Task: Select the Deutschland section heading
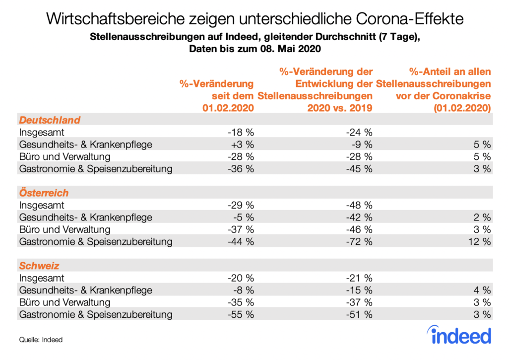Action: click(50, 120)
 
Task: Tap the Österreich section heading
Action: click(44, 193)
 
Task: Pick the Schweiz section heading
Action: click(39, 266)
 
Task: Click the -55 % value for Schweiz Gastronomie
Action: click(240, 314)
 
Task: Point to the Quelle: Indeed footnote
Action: click(41, 340)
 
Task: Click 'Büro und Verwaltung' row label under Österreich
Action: click(64, 229)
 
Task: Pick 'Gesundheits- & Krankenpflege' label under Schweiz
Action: click(85, 290)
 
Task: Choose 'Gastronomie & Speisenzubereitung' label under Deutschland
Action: click(96, 169)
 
